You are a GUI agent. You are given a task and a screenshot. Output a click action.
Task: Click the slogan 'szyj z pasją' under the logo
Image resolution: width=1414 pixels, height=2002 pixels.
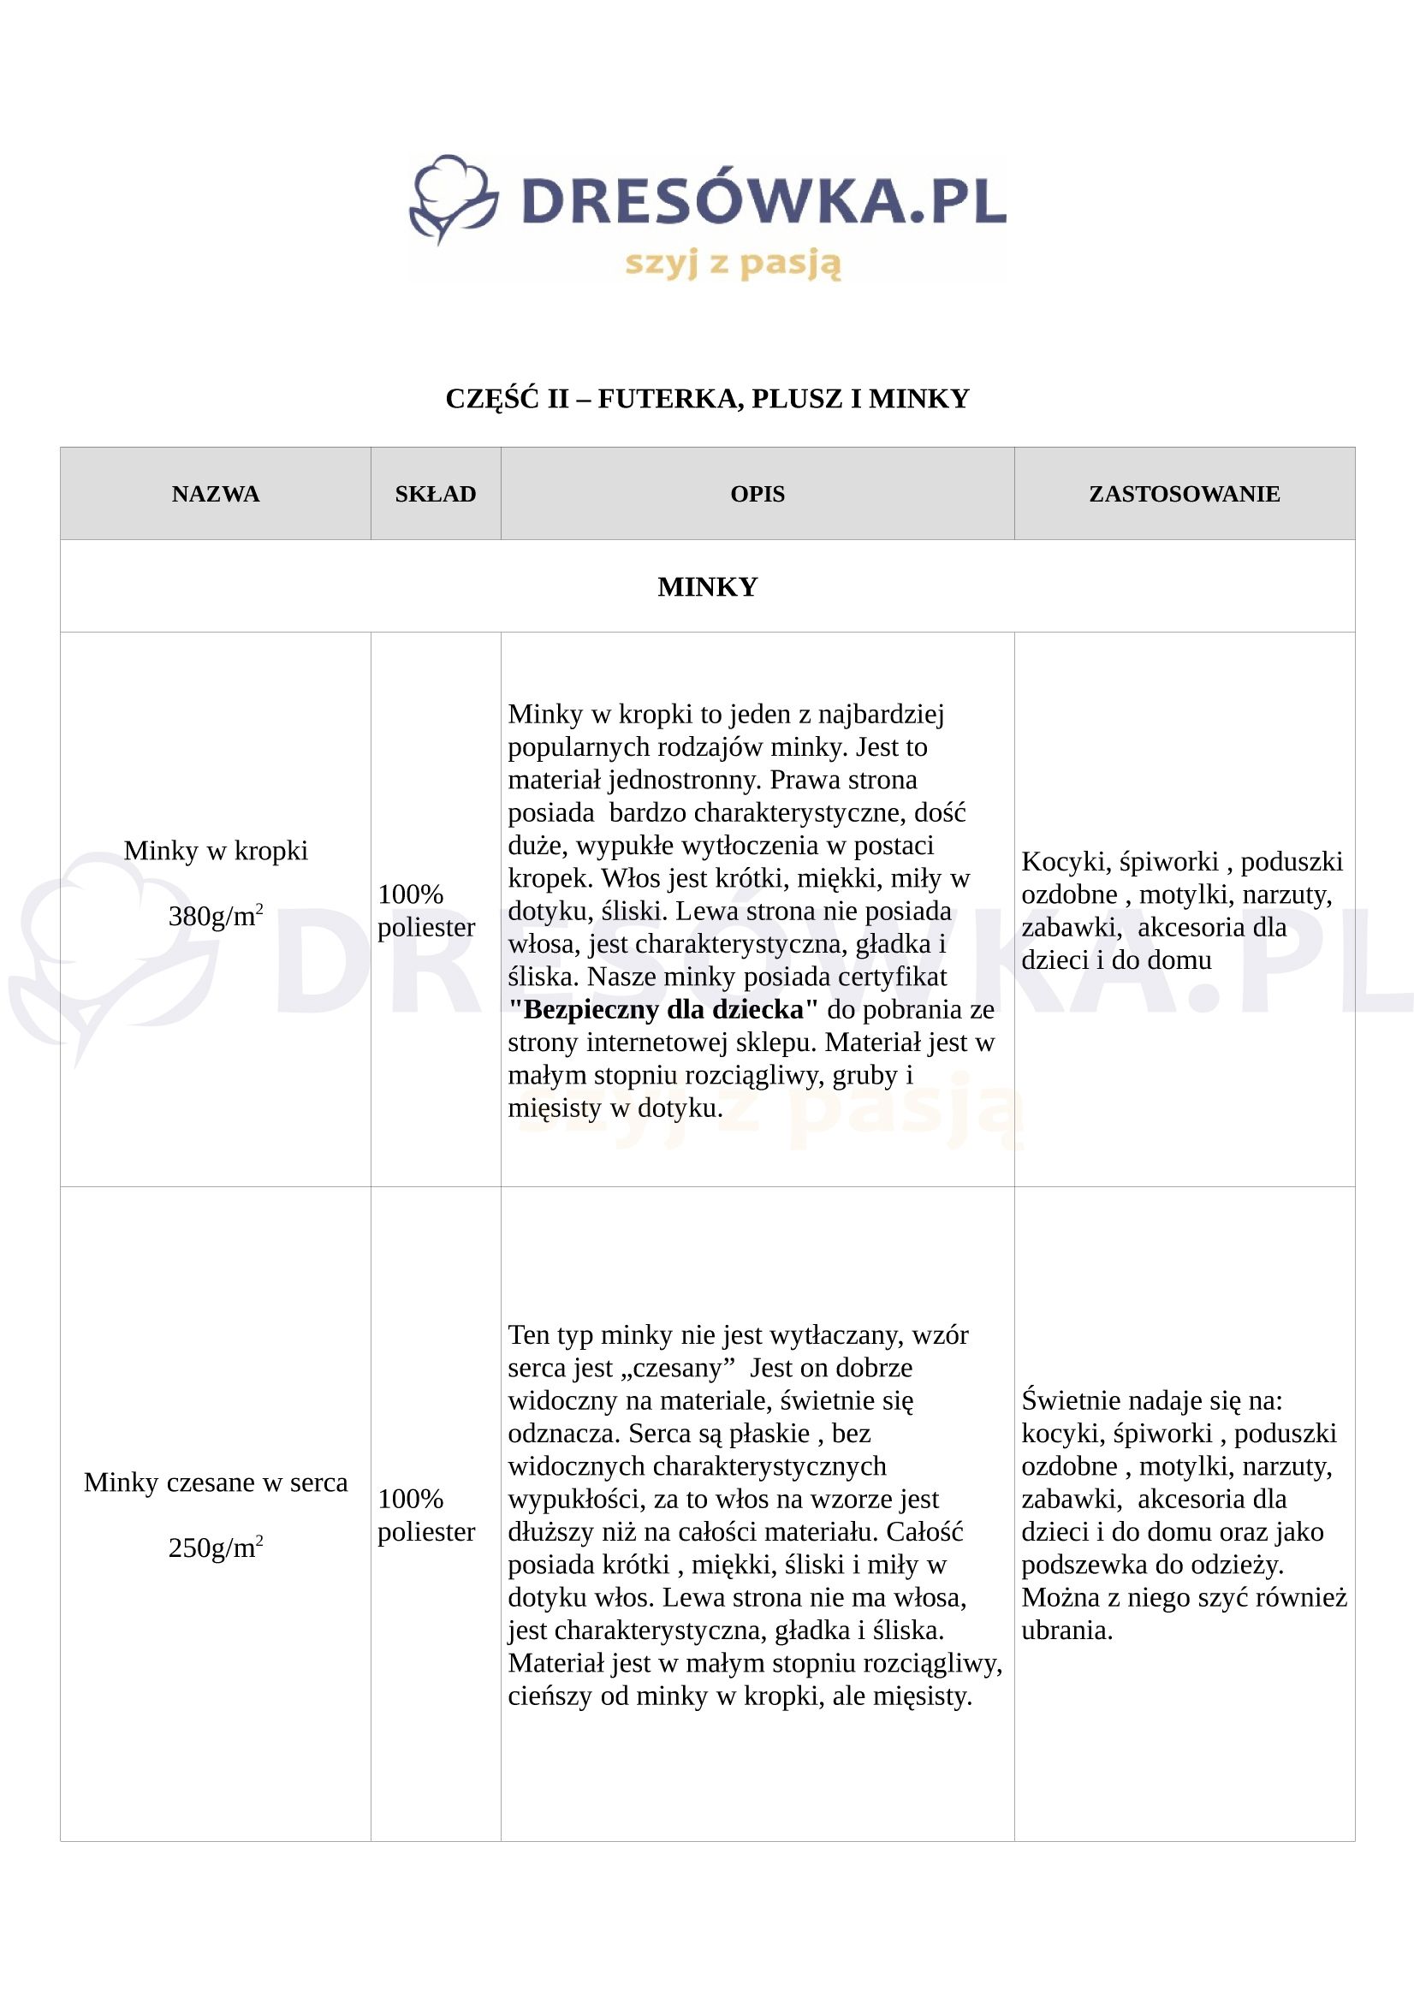pos(733,263)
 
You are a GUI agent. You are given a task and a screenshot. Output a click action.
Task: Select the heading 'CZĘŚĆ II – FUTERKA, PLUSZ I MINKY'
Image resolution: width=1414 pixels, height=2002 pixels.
pos(707,399)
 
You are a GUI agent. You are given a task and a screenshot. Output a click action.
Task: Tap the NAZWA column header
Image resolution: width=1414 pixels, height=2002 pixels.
pos(216,495)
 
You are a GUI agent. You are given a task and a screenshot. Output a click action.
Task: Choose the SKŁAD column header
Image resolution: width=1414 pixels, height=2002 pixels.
pos(435,495)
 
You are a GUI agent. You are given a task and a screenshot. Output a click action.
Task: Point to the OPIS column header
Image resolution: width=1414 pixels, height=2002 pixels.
pos(757,495)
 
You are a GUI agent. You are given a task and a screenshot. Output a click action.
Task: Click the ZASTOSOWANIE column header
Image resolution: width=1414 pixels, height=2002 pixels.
pos(1184,495)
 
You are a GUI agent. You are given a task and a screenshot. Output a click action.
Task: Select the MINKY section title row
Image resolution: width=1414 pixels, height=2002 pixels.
pos(707,587)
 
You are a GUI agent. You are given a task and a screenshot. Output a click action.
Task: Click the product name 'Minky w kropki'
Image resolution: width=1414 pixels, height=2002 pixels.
pos(216,850)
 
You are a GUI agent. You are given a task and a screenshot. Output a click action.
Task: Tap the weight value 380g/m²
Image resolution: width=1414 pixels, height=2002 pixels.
pos(216,917)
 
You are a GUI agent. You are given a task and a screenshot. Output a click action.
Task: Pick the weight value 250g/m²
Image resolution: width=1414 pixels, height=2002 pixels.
pos(216,1548)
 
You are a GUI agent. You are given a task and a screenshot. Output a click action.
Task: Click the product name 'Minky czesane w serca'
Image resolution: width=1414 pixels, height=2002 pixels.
pos(216,1482)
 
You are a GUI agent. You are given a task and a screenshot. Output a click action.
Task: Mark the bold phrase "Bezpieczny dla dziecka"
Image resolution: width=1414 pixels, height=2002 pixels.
pos(663,1010)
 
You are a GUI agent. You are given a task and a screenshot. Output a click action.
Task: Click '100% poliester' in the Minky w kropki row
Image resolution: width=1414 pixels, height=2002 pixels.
pos(426,911)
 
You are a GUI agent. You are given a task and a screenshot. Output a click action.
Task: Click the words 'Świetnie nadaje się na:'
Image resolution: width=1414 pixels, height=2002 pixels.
pos(1151,1400)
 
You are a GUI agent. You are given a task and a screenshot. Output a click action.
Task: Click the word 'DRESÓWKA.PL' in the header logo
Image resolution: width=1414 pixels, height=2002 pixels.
pos(763,200)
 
